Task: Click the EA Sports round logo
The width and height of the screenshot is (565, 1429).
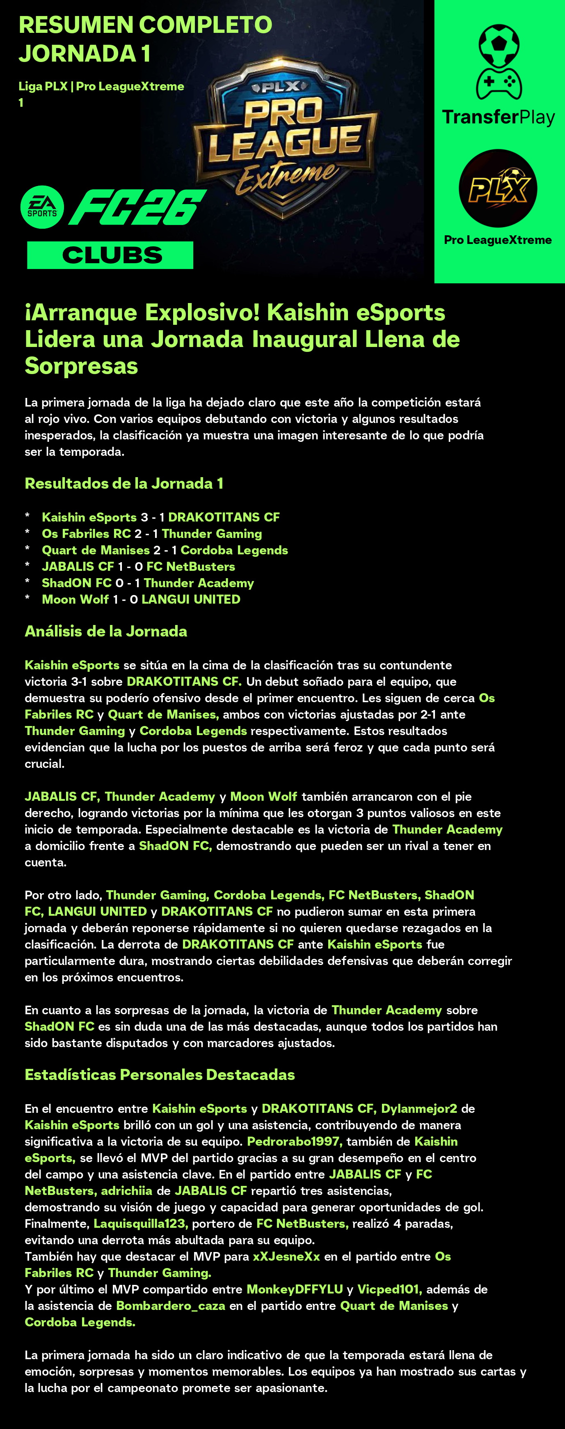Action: [42, 207]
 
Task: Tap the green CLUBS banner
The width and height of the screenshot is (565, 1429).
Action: [110, 255]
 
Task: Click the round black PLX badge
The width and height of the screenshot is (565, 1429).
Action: [497, 188]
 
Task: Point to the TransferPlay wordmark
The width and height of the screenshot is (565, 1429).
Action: [498, 117]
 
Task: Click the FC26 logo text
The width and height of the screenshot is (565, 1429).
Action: [137, 207]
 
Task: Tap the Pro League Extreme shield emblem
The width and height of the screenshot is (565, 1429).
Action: [285, 139]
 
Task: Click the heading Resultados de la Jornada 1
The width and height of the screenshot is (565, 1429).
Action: [124, 483]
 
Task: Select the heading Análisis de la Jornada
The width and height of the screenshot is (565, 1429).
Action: [106, 631]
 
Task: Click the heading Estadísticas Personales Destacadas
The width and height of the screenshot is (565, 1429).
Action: [160, 1075]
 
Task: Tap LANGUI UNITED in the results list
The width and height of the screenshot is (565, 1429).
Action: [191, 599]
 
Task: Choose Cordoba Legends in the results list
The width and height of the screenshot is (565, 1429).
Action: [234, 550]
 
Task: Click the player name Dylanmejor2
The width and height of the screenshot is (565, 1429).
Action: [419, 1108]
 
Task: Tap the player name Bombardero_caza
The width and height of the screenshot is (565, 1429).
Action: [171, 1305]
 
